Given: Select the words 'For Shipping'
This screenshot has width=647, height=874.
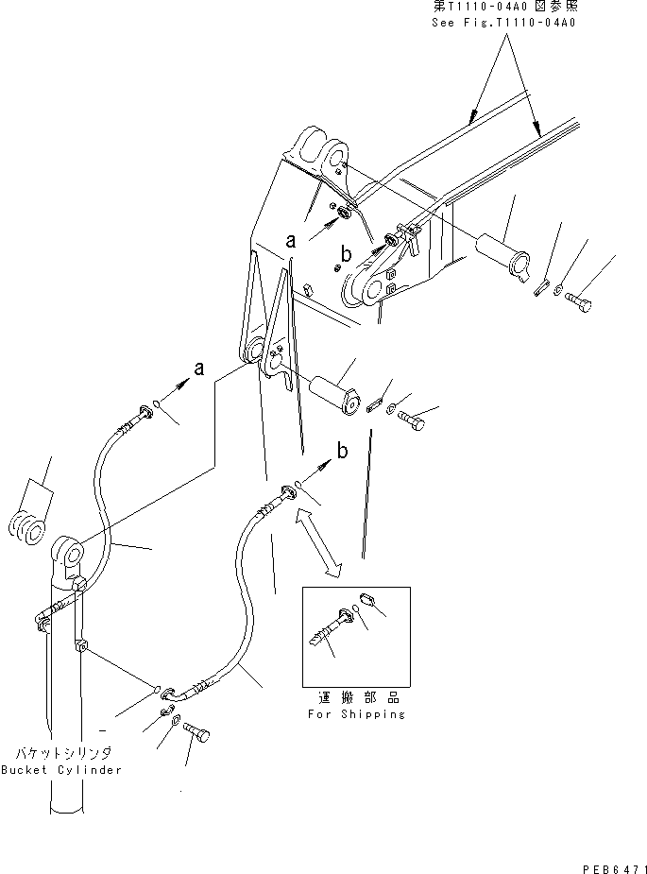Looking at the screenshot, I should pos(356,713).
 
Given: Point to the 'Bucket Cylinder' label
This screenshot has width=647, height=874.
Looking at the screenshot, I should pos(62,770).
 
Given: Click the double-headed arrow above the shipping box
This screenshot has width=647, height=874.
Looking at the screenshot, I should pos(317,540).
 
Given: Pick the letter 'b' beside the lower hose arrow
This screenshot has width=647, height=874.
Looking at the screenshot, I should pos(342,452).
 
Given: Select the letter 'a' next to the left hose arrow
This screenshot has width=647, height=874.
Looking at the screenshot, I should pos(197,370).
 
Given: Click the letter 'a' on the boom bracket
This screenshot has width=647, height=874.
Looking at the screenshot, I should pos(293,243).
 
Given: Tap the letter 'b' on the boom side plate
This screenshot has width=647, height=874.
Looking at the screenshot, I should pos(347,254).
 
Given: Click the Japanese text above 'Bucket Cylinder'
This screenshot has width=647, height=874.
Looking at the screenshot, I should pos(62,753).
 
